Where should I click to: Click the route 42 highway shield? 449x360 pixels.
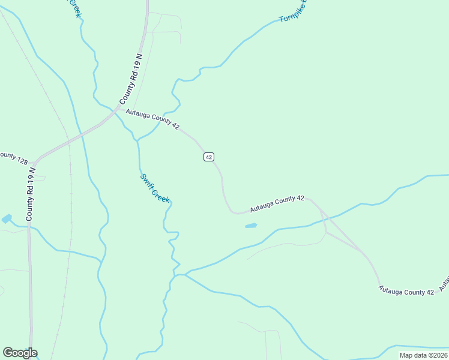click(x=208, y=157)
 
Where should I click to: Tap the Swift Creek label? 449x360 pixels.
click(x=155, y=188)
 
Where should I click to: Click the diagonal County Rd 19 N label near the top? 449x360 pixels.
click(x=130, y=79)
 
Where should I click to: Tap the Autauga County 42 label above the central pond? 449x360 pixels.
click(x=277, y=204)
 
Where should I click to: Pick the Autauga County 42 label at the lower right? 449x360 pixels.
click(x=406, y=291)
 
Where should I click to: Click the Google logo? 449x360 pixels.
click(x=20, y=353)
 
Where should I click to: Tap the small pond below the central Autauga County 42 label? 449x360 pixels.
click(x=251, y=226)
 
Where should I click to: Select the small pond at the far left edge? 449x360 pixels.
click(x=6, y=219)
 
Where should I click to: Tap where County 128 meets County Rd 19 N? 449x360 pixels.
click(x=34, y=163)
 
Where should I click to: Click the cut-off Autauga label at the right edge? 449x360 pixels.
click(x=445, y=281)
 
